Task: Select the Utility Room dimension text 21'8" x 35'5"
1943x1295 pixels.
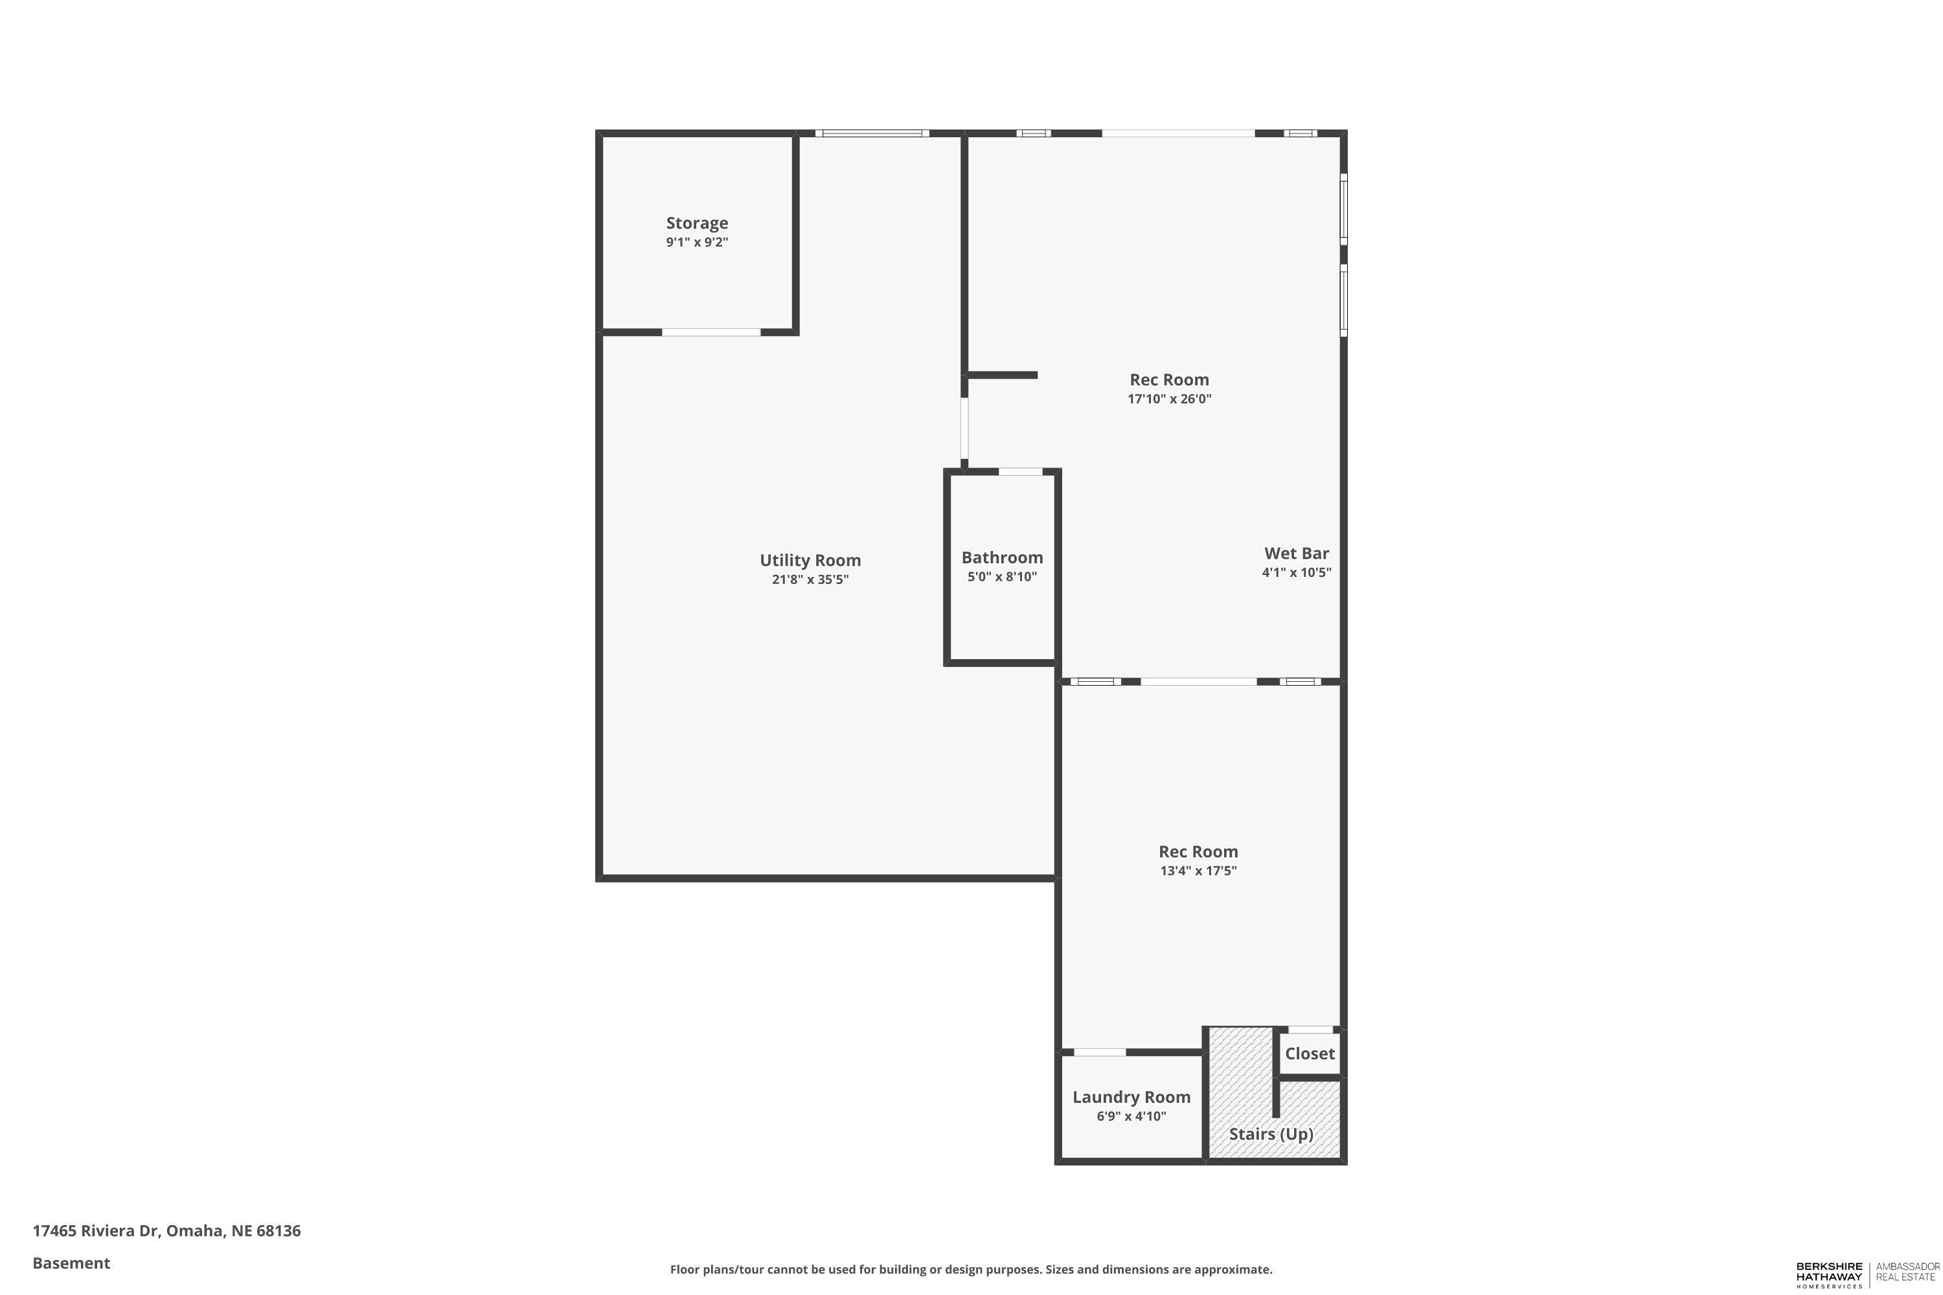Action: pyautogui.click(x=810, y=579)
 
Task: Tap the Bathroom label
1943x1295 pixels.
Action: pyautogui.click(x=1002, y=557)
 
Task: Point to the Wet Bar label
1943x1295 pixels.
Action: pyautogui.click(x=1296, y=554)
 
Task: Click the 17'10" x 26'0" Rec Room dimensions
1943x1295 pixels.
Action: pyautogui.click(x=1169, y=399)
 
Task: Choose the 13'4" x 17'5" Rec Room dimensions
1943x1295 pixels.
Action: pyautogui.click(x=1198, y=870)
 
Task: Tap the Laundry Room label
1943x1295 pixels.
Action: pyautogui.click(x=1131, y=1097)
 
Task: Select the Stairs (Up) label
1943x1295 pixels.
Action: pyautogui.click(x=1271, y=1134)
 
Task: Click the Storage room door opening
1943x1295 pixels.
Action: pyautogui.click(x=710, y=332)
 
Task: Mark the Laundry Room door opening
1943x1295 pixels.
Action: pyautogui.click(x=1100, y=1052)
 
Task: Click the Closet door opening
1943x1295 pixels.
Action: pyautogui.click(x=1310, y=1029)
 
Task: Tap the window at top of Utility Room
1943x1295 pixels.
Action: pyautogui.click(x=872, y=133)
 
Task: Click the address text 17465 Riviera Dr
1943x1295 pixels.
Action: pyautogui.click(x=95, y=1231)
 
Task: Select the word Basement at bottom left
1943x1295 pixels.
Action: pyautogui.click(x=71, y=1263)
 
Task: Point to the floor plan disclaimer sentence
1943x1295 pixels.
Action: pyautogui.click(x=971, y=1269)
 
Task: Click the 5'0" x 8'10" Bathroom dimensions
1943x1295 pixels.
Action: pyautogui.click(x=1002, y=576)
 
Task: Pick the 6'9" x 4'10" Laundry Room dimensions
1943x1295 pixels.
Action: pyautogui.click(x=1131, y=1116)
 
